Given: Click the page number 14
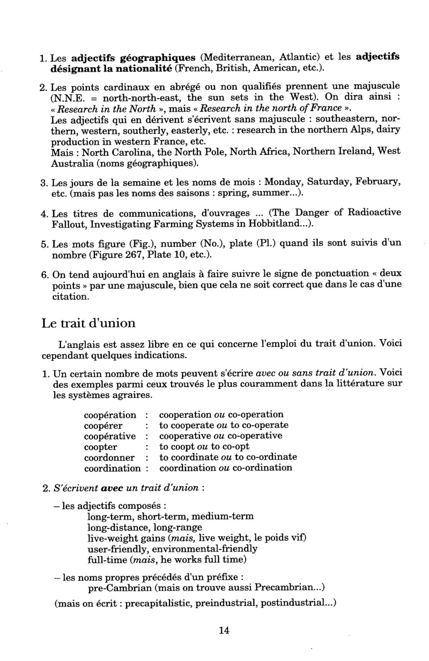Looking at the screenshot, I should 224,630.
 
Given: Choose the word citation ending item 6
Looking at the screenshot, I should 69,296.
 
